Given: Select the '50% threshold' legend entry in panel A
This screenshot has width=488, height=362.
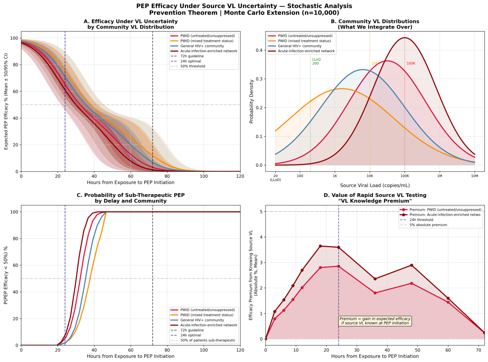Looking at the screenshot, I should (x=192, y=66).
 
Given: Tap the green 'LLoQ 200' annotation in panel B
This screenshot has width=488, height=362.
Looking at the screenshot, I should (x=316, y=61).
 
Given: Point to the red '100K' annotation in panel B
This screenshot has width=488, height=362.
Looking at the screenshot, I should (x=411, y=63).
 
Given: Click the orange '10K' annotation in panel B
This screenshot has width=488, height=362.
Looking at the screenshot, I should (x=375, y=63).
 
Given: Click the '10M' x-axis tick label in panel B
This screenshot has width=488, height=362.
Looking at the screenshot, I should (x=474, y=176).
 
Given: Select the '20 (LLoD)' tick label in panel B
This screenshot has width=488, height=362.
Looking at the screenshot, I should (x=275, y=178).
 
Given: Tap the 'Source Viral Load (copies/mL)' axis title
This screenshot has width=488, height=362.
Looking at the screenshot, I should (x=375, y=186).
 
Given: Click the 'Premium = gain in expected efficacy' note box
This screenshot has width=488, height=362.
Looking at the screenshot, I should (x=375, y=321).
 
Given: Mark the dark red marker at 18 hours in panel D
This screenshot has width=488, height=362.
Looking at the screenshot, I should (x=320, y=246).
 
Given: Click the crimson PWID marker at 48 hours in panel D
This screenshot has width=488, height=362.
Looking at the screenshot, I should (x=411, y=284).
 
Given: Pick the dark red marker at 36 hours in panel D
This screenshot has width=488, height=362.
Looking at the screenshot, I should (x=375, y=279).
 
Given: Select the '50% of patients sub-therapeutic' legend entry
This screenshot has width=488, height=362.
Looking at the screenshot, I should (x=208, y=340).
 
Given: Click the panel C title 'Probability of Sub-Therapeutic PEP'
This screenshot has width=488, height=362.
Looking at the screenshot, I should (x=131, y=195).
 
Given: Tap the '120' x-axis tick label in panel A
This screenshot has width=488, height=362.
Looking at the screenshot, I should (x=240, y=176).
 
